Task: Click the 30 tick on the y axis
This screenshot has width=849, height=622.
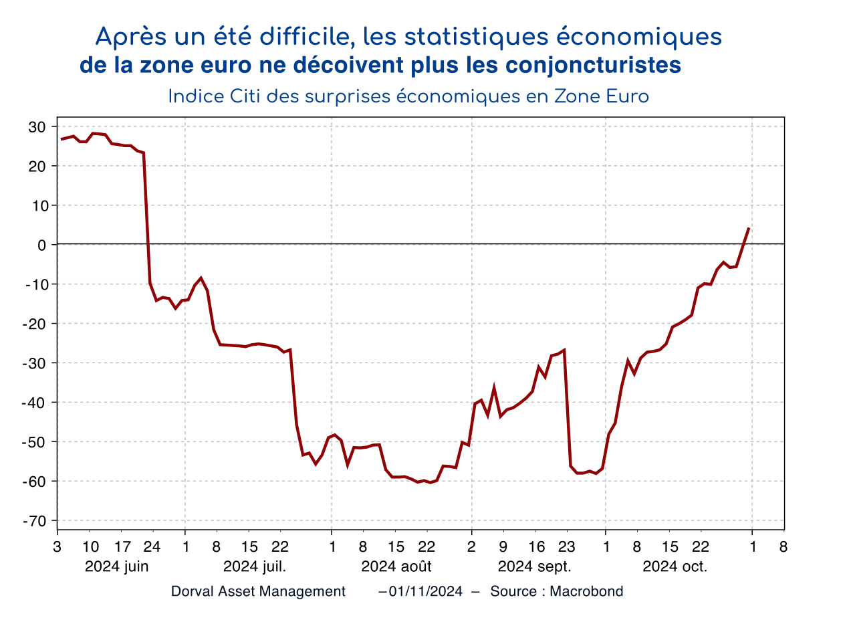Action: pos(37,127)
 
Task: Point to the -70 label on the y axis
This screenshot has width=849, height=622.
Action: pos(35,521)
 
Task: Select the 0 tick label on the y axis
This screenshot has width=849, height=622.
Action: pos(41,245)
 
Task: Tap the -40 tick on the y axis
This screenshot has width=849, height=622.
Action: pos(35,403)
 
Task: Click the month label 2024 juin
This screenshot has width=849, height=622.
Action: pos(116,566)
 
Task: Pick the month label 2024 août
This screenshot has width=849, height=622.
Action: pos(396,566)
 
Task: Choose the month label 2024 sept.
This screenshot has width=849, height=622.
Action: pos(535,566)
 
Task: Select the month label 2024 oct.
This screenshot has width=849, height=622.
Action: pos(675,566)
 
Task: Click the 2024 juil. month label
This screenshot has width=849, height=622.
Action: pos(255,566)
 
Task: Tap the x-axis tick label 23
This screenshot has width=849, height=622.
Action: pos(566,546)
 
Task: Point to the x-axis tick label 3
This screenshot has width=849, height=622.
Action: pos(57,546)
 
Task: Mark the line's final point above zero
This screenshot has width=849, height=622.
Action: pos(749,228)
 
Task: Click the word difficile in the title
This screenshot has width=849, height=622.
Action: pos(307,37)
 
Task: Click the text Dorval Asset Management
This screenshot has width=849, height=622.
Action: pos(258,591)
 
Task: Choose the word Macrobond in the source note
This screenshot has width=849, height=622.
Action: pos(586,591)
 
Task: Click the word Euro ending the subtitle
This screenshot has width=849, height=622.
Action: pos(628,96)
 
